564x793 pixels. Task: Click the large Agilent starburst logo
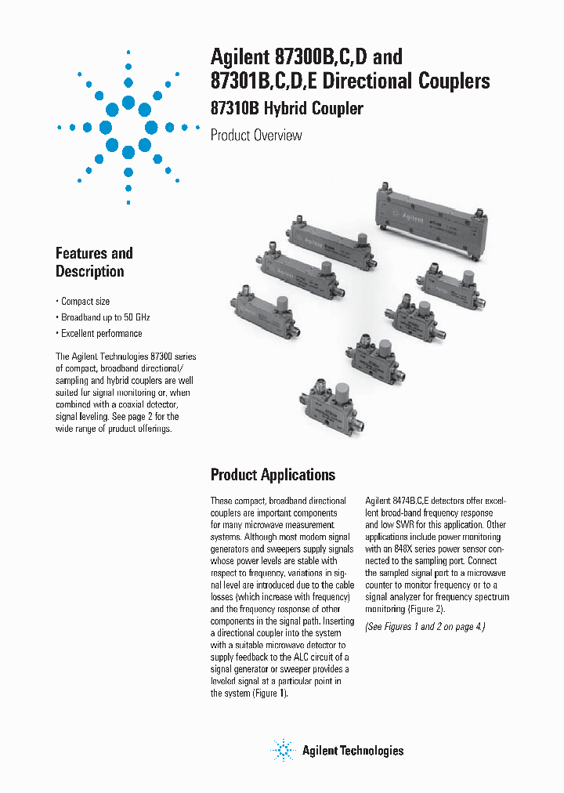[x=128, y=127]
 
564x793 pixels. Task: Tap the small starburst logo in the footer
[x=282, y=750]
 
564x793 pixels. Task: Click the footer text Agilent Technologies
[x=352, y=751]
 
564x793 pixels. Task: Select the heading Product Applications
[x=273, y=475]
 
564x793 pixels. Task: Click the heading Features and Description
[x=94, y=263]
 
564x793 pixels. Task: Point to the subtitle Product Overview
[x=256, y=136]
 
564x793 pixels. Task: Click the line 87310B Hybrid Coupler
[x=287, y=109]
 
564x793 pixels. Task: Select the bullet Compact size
[x=84, y=302]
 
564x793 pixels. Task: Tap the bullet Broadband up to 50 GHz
[x=103, y=317]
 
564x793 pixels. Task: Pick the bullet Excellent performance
[x=99, y=333]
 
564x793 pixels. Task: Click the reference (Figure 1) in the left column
[x=269, y=693]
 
